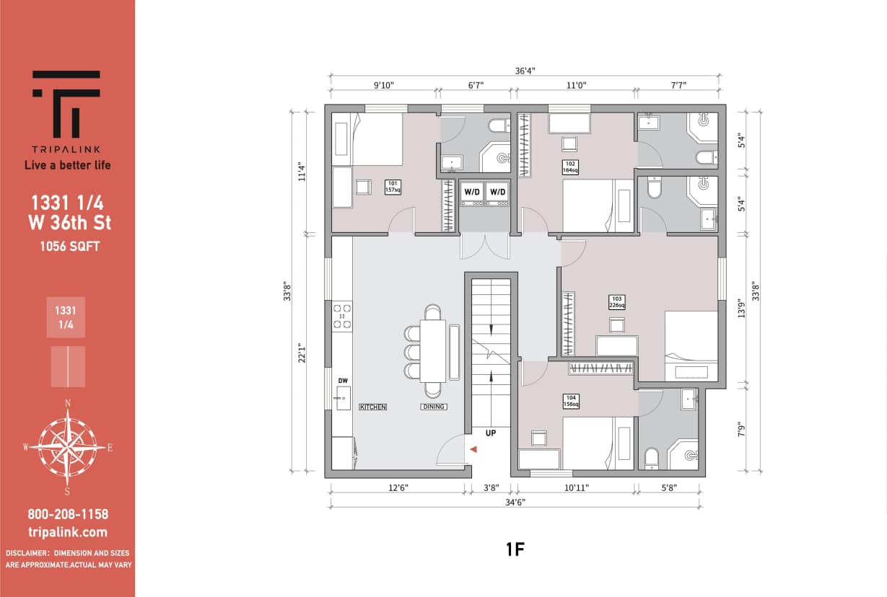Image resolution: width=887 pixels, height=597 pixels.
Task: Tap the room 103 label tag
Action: click(x=616, y=302)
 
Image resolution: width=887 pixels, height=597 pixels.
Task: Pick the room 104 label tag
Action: click(x=571, y=401)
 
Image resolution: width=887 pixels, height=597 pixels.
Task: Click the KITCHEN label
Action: click(x=373, y=407)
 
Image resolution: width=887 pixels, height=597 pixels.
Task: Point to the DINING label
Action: click(x=434, y=407)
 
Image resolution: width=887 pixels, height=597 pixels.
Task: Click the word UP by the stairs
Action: click(x=490, y=434)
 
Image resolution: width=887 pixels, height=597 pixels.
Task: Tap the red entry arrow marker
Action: click(x=473, y=449)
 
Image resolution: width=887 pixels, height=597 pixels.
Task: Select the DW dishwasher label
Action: click(x=342, y=381)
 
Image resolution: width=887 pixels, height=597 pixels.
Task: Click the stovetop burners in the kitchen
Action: click(x=341, y=317)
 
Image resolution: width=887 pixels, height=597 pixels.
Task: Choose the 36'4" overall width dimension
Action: click(x=525, y=71)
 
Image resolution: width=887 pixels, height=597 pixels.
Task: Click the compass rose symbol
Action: click(x=67, y=447)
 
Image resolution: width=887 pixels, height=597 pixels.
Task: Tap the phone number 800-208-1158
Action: click(x=67, y=514)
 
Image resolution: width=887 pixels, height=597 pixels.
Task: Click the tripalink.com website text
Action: click(x=67, y=533)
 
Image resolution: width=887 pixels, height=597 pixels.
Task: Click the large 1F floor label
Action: click(x=514, y=549)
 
